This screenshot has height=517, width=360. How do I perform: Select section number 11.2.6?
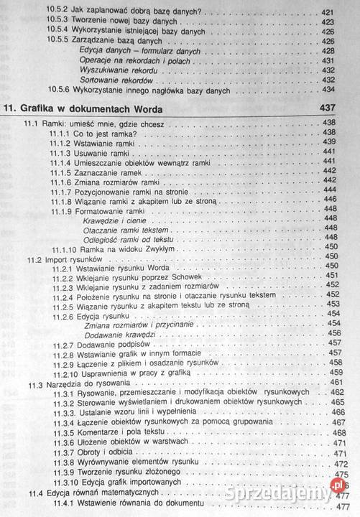(x=64, y=315)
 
